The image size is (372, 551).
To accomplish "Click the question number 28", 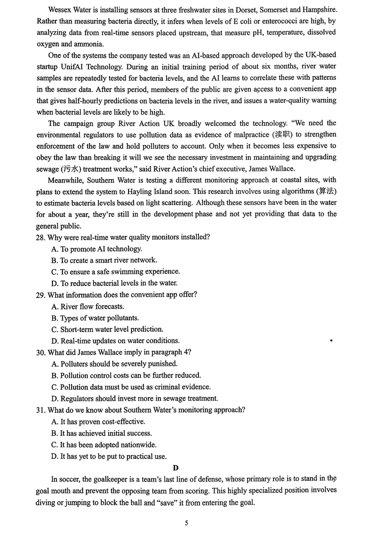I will [x=41, y=237].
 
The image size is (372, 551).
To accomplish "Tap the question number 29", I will [x=41, y=295].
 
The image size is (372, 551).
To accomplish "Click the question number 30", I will [x=41, y=352].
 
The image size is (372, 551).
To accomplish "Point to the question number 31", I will [x=41, y=410].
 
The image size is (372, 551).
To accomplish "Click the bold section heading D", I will [x=176, y=468].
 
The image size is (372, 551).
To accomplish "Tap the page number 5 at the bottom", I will [x=186, y=523].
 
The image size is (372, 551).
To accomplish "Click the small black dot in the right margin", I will [x=331, y=340].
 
